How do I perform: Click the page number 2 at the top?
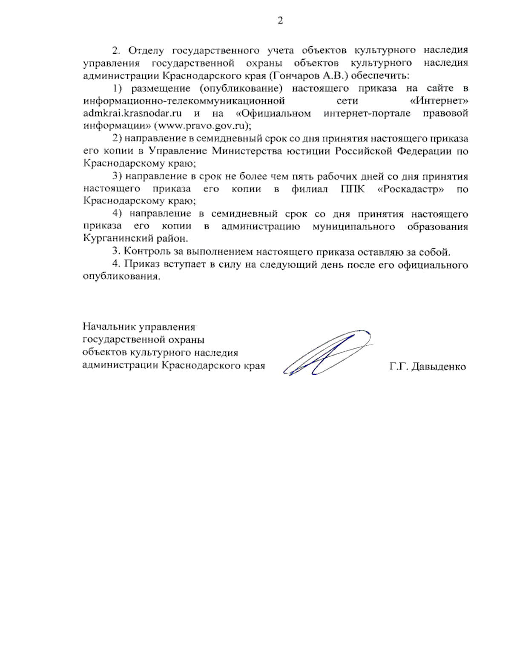pyautogui.click(x=280, y=21)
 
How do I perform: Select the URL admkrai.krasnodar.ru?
pyautogui.click(x=133, y=113)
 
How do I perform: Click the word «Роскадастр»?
pyautogui.click(x=411, y=189)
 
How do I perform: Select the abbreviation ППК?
pyautogui.click(x=353, y=189)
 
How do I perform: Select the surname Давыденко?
pyautogui.click(x=439, y=367)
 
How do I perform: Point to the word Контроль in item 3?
pyautogui.click(x=145, y=252)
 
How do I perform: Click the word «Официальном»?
pyautogui.click(x=273, y=113)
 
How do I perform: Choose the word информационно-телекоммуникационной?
pyautogui.click(x=184, y=101)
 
